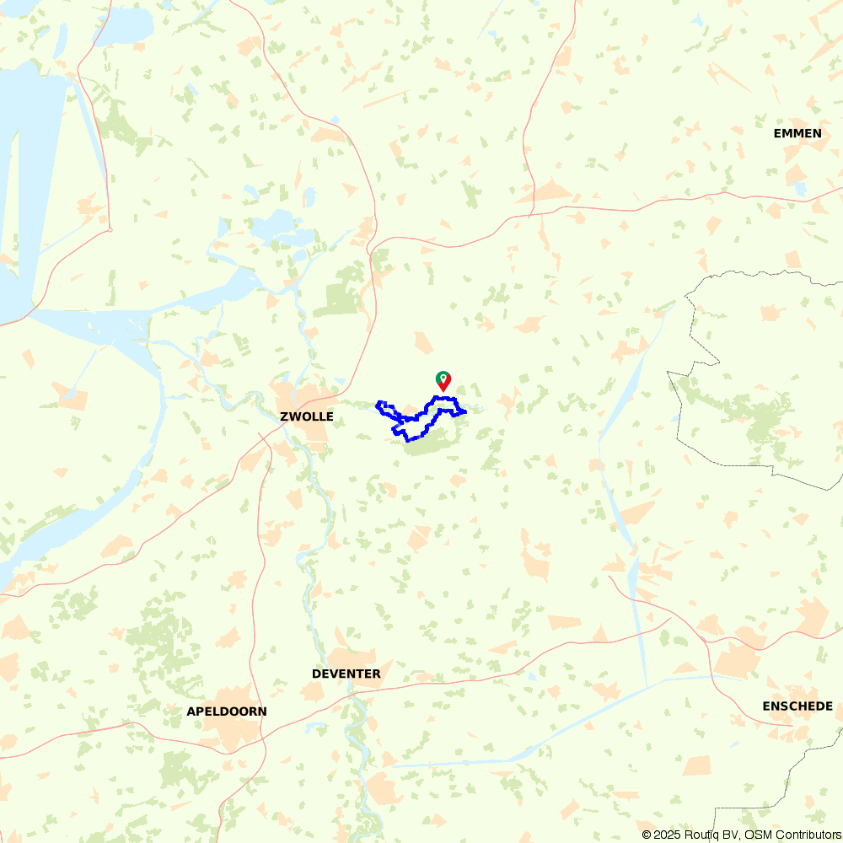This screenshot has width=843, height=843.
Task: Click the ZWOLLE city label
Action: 307,416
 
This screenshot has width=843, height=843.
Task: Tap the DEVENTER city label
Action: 346,674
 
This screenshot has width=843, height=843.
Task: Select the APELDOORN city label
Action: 226,711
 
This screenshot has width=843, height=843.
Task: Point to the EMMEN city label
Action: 797,133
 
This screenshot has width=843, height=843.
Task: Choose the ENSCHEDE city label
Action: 797,706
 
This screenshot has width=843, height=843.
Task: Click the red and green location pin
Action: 443,381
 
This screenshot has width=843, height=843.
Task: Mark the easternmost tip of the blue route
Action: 465,411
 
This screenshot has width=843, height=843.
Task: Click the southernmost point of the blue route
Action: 408,440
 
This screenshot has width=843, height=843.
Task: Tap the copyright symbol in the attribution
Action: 647,835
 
